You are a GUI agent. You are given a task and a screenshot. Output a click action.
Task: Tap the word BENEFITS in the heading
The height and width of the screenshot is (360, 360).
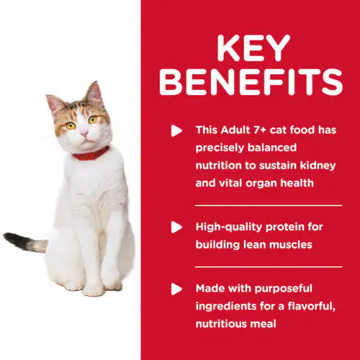(x=251, y=84)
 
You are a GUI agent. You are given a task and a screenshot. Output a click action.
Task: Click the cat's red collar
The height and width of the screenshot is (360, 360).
(x=90, y=153)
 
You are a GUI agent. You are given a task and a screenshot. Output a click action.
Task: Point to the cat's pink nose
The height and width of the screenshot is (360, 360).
(x=84, y=134)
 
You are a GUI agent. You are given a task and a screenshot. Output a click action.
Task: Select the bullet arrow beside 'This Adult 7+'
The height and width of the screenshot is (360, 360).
(x=176, y=131)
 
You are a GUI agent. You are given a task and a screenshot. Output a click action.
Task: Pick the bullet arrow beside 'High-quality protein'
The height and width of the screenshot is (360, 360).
(x=176, y=228)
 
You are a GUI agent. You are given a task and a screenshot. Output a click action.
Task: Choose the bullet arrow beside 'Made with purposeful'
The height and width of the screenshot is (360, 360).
(x=176, y=289)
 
